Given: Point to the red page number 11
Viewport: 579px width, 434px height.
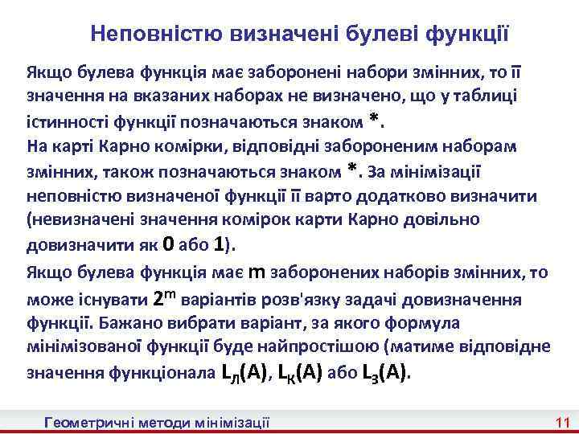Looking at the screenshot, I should click(562, 422).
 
